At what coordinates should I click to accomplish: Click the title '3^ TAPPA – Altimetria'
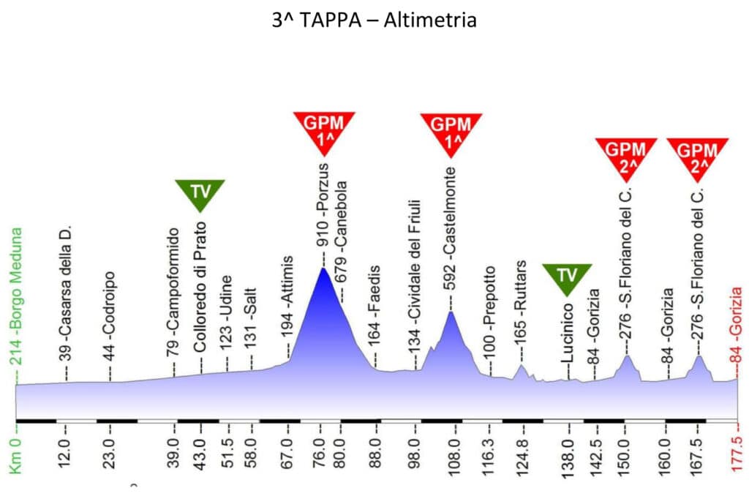pos(374,20)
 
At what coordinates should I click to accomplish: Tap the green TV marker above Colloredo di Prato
pos(200,192)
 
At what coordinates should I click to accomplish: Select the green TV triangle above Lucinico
pos(567,277)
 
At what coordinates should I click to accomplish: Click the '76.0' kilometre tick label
pos(321,454)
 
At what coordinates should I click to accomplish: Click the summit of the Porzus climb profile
pos(323,268)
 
